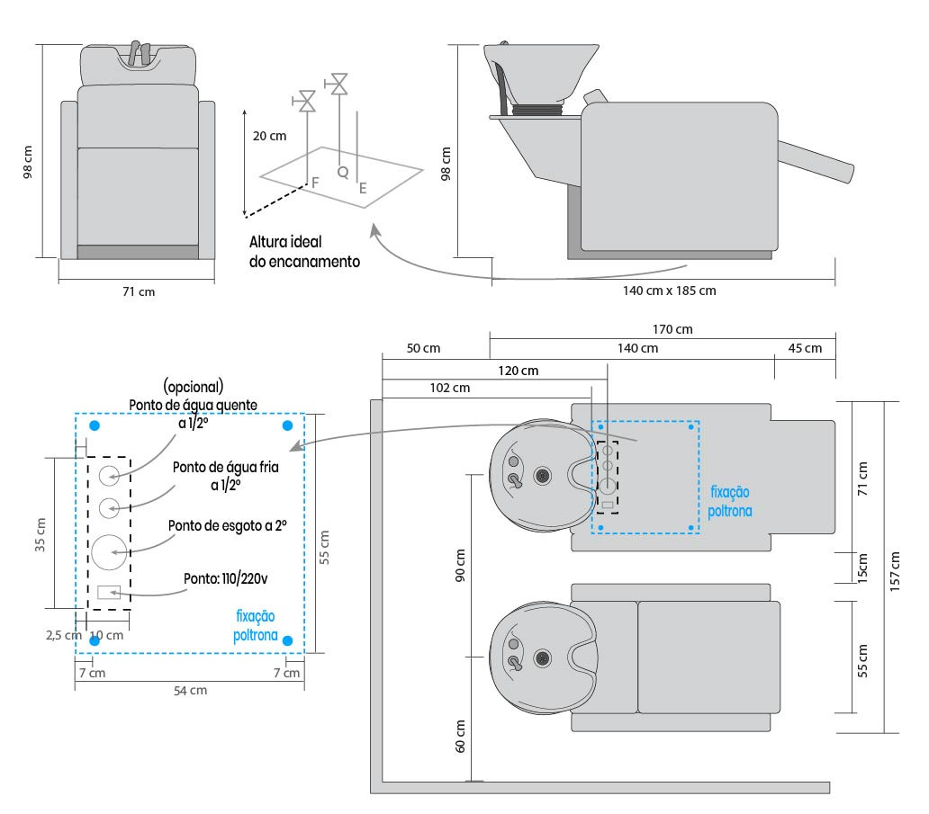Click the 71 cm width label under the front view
click(x=138, y=291)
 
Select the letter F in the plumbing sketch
click(x=315, y=183)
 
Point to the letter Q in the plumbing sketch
click(x=342, y=170)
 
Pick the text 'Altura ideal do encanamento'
click(x=304, y=252)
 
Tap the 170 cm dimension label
click(x=673, y=330)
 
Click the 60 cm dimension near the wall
click(x=459, y=735)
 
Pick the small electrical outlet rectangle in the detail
click(x=109, y=592)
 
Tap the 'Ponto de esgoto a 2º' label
click(x=234, y=525)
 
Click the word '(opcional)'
click(x=193, y=388)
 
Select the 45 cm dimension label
click(x=805, y=348)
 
